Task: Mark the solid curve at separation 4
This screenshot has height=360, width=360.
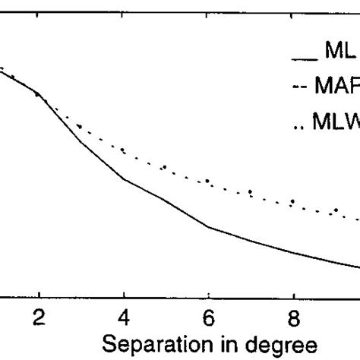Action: coord(124,179)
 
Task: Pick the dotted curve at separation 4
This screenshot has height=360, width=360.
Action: coord(124,150)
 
